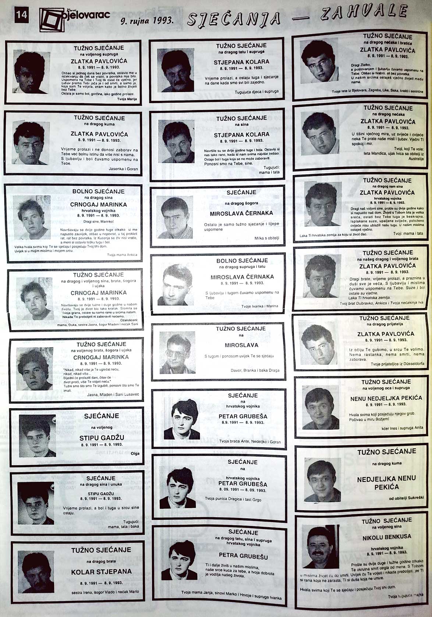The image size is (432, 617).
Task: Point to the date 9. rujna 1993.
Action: [147, 21]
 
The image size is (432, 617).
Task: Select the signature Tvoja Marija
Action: [127, 99]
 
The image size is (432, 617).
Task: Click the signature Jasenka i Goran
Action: [123, 169]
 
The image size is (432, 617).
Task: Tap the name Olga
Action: [135, 454]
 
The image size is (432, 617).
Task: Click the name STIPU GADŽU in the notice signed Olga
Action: [102, 438]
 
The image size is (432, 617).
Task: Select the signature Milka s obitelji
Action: [266, 238]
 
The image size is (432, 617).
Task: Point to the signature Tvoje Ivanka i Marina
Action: [259, 306]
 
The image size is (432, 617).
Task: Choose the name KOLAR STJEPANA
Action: [101, 572]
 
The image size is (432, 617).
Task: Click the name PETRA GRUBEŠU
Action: [243, 555]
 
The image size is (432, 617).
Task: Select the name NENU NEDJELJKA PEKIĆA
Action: [386, 398]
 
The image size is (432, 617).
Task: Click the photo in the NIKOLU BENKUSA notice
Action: [320, 546]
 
